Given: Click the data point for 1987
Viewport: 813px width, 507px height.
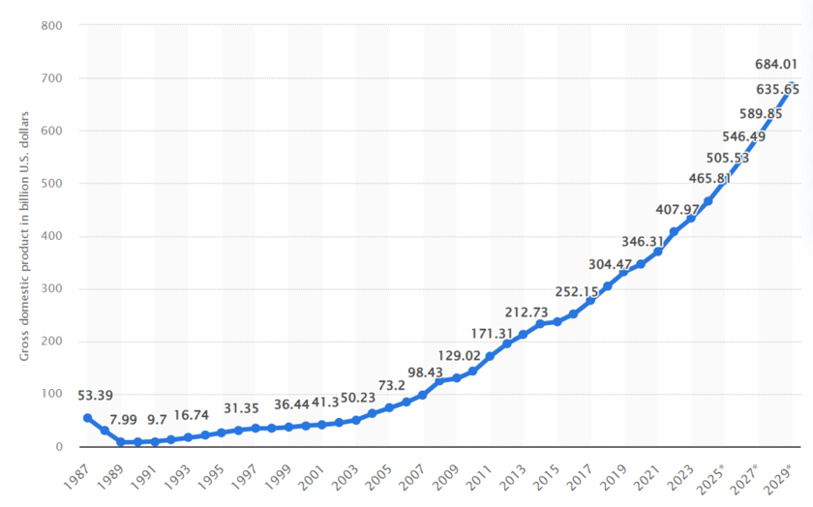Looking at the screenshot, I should (87, 418).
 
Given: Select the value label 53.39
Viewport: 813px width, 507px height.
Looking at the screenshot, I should (98, 396).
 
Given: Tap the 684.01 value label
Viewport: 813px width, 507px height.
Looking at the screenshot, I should (775, 66).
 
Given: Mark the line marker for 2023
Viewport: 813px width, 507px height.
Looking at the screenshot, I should (691, 218).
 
